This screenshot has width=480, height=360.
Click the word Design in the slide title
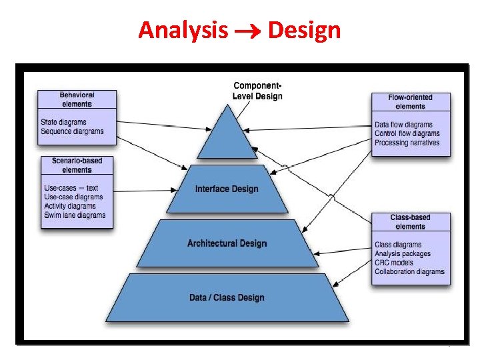tap(304, 30)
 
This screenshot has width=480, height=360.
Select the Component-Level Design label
tap(257, 91)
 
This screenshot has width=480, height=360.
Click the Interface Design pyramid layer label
tap(227, 189)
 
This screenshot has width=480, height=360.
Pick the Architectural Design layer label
tap(227, 243)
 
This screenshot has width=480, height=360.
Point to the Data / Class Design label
tap(227, 297)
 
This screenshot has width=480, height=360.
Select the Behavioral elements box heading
tap(77, 99)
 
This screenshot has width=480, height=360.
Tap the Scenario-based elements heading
tap(77, 165)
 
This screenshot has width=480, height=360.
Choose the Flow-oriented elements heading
tap(410, 102)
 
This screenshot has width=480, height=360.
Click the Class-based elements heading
tap(410, 222)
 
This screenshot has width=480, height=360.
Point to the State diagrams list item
tap(63, 122)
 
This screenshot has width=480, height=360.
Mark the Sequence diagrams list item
tap(72, 131)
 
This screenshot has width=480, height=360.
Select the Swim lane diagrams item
tap(75, 215)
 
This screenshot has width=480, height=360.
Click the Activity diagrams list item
tap(70, 206)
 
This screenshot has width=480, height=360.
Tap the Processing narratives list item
tap(407, 143)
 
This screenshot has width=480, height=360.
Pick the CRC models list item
tap(394, 263)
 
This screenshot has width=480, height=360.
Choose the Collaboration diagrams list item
tap(409, 271)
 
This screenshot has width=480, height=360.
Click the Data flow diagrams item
tap(403, 125)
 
